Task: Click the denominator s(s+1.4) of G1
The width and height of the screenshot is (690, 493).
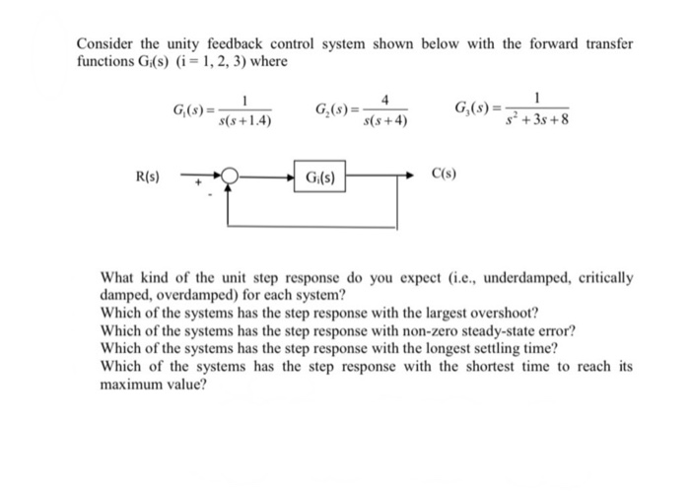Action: tap(243, 122)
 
